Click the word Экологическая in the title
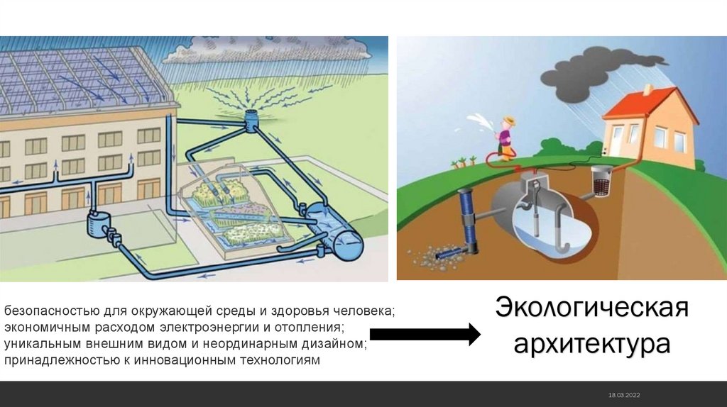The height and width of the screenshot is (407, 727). pyautogui.click(x=592, y=309)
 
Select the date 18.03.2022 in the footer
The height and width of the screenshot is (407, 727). pyautogui.click(x=624, y=394)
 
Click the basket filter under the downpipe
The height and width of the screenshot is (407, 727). pyautogui.click(x=602, y=180)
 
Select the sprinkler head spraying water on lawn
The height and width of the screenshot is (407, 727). pyautogui.click(x=253, y=118)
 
